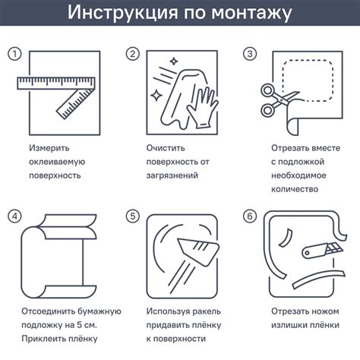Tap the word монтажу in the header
pyautogui.click(x=251, y=14)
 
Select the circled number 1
pyautogui.click(x=14, y=54)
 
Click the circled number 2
pyautogui.click(x=133, y=54)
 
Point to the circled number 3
pyautogui.click(x=250, y=54)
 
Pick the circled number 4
pyautogui.click(x=14, y=216)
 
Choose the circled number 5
pyautogui.click(x=133, y=216)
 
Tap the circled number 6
pyautogui.click(x=250, y=216)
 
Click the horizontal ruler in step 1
pyautogui.click(x=56, y=83)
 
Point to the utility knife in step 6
pyautogui.click(x=322, y=251)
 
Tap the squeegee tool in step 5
pyautogui.click(x=199, y=251)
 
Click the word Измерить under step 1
pyautogui.click(x=49, y=148)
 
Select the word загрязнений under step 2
pyautogui.click(x=172, y=175)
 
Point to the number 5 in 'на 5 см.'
pyautogui.click(x=80, y=325)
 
